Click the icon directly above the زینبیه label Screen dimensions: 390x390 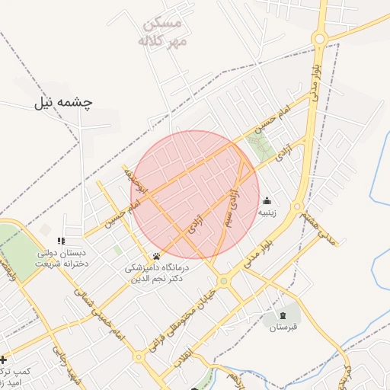[267, 202]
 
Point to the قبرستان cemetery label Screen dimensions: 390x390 [283, 328]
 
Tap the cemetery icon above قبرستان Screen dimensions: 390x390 [283, 315]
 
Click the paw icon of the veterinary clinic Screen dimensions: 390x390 [157, 256]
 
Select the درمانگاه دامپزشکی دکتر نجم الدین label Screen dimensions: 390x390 [157, 273]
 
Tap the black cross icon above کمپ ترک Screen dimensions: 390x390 [3, 359]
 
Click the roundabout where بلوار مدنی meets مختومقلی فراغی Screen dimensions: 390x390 [223, 281]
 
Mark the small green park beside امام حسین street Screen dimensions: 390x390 [260, 145]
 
